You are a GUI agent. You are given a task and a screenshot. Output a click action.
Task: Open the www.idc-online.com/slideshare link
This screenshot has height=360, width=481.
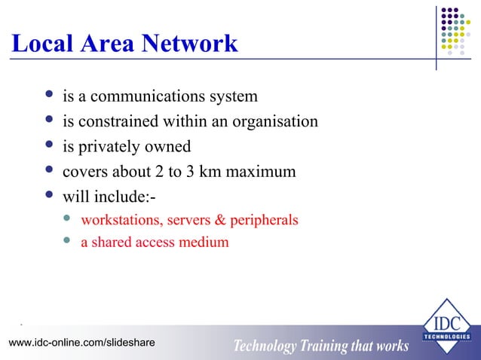click(81, 343)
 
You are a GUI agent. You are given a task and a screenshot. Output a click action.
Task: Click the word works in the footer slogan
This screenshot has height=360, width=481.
click(390, 346)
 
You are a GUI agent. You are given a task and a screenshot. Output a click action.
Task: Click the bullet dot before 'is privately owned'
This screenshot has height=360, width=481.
click(49, 145)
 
